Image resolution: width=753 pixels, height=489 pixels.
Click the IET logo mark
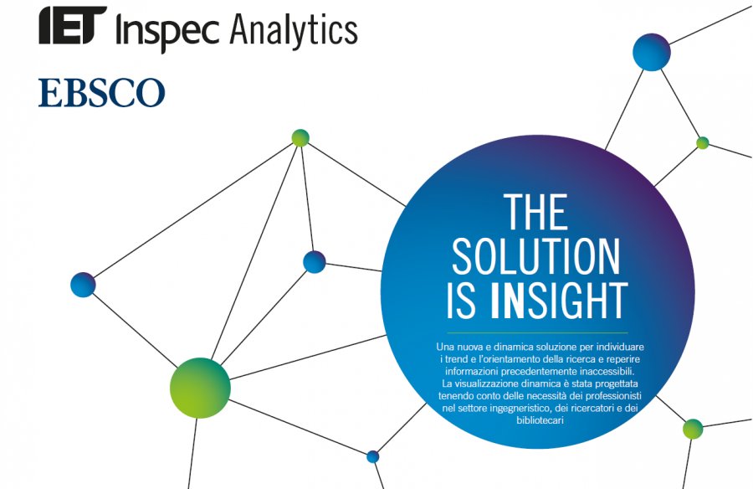73,25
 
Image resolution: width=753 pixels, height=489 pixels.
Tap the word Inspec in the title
167,30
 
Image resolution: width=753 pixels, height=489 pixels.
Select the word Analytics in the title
294,30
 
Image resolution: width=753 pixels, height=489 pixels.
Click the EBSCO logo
101,92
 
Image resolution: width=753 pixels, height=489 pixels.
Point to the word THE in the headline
536,212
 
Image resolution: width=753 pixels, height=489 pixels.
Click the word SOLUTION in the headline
536,256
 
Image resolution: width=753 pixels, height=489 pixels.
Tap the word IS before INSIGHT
462,301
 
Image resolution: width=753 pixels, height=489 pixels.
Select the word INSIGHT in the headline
559,301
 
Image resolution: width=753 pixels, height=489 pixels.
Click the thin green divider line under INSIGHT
537,332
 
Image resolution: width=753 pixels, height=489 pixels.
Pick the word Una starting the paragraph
445,347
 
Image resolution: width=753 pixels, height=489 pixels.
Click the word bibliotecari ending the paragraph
540,420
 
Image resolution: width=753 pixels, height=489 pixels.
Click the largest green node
200,388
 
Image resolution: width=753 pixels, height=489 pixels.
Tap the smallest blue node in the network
372,457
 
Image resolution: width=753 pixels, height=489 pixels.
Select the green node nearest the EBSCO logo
300,138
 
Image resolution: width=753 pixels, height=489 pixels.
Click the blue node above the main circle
651,53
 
